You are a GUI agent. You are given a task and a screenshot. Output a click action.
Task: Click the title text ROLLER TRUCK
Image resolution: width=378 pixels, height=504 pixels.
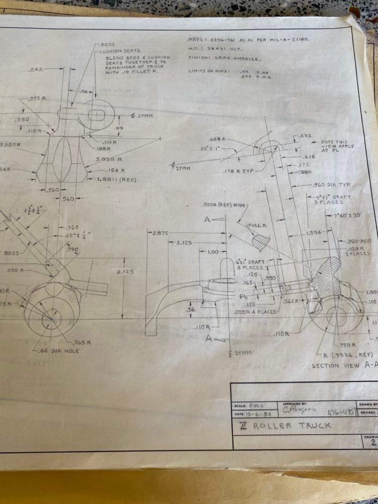pyautogui.click(x=292, y=425)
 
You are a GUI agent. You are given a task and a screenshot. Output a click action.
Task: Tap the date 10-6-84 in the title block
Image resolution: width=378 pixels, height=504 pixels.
pyautogui.click(x=258, y=414)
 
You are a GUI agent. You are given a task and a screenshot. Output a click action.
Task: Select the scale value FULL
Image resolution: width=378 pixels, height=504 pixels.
pyautogui.click(x=257, y=405)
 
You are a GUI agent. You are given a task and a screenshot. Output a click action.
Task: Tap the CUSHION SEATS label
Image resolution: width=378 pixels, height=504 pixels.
pyautogui.click(x=120, y=51)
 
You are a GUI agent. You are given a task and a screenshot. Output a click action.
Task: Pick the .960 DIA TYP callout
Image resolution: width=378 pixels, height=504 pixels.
pyautogui.click(x=331, y=185)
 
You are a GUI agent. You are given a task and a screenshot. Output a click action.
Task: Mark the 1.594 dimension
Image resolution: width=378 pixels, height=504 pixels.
pyautogui.click(x=314, y=233)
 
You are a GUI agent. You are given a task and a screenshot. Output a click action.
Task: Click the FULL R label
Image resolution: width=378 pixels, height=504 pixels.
pyautogui.click(x=257, y=225)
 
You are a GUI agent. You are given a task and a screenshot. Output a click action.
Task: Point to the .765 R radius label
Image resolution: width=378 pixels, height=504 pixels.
pyautogui.click(x=82, y=343)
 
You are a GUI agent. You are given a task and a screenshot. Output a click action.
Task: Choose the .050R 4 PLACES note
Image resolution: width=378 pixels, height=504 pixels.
pyautogui.click(x=255, y=312)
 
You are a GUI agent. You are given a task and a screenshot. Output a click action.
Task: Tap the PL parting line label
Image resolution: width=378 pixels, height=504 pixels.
pyautogui.click(x=243, y=296)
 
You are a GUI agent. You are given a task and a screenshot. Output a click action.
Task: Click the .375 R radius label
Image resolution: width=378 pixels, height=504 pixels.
pyautogui.click(x=37, y=99)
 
